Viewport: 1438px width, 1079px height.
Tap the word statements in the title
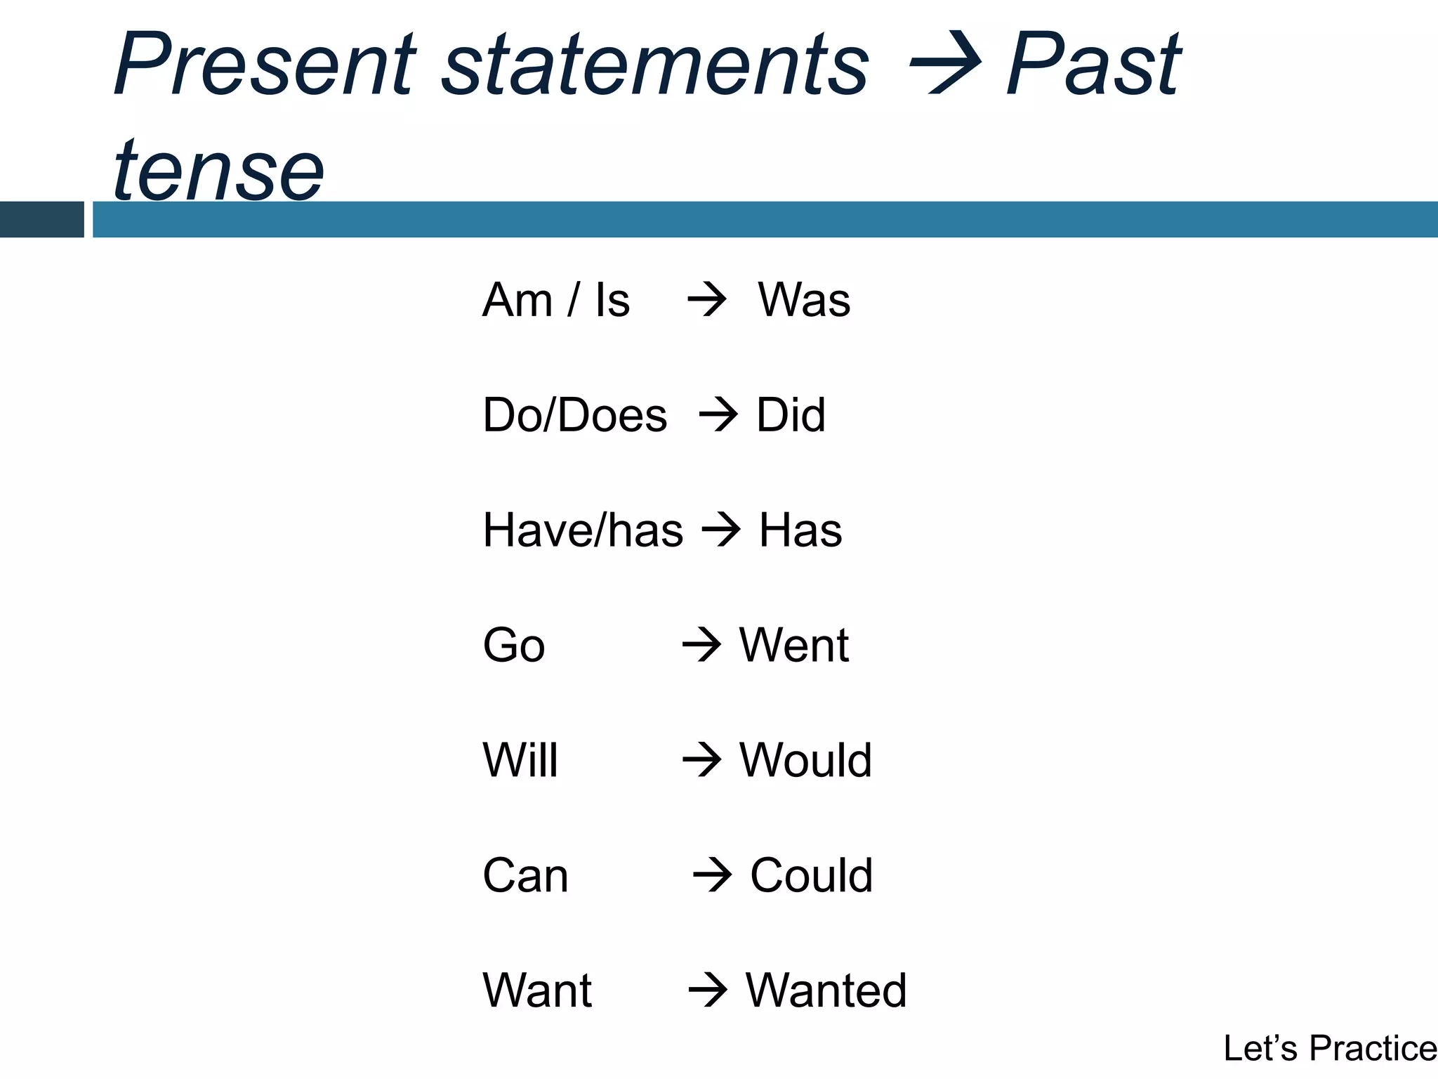(x=656, y=67)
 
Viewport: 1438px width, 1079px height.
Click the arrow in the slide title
(x=944, y=65)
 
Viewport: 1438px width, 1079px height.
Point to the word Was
(x=804, y=300)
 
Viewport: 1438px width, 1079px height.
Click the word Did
(x=791, y=415)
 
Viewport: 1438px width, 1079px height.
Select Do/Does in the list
(x=574, y=415)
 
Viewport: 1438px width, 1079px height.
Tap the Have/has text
(x=583, y=530)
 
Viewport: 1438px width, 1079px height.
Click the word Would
(x=805, y=760)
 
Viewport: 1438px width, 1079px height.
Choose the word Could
(x=811, y=875)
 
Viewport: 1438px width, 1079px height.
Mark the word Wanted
(x=826, y=990)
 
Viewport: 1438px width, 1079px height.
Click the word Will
(x=520, y=760)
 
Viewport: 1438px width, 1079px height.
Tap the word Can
(x=525, y=875)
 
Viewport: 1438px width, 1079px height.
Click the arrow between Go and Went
(x=701, y=645)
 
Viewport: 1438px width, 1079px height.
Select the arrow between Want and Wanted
(x=707, y=990)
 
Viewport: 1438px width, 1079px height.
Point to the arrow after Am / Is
(x=706, y=300)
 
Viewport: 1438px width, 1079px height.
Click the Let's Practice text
(x=1329, y=1048)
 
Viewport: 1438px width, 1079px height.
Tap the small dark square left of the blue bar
(x=41, y=219)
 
